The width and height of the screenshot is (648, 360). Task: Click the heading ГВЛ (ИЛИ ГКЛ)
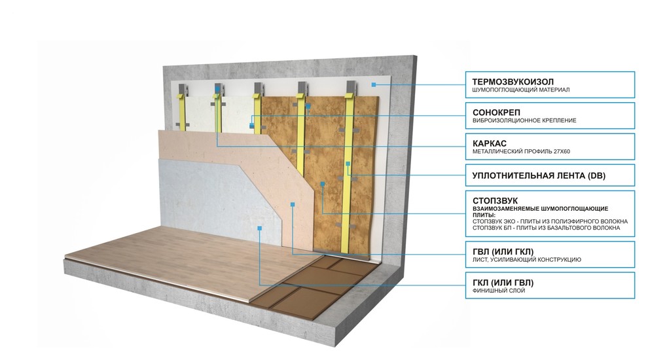502,252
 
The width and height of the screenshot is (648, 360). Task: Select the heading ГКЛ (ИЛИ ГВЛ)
502,282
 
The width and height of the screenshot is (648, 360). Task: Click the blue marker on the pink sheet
292,205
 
